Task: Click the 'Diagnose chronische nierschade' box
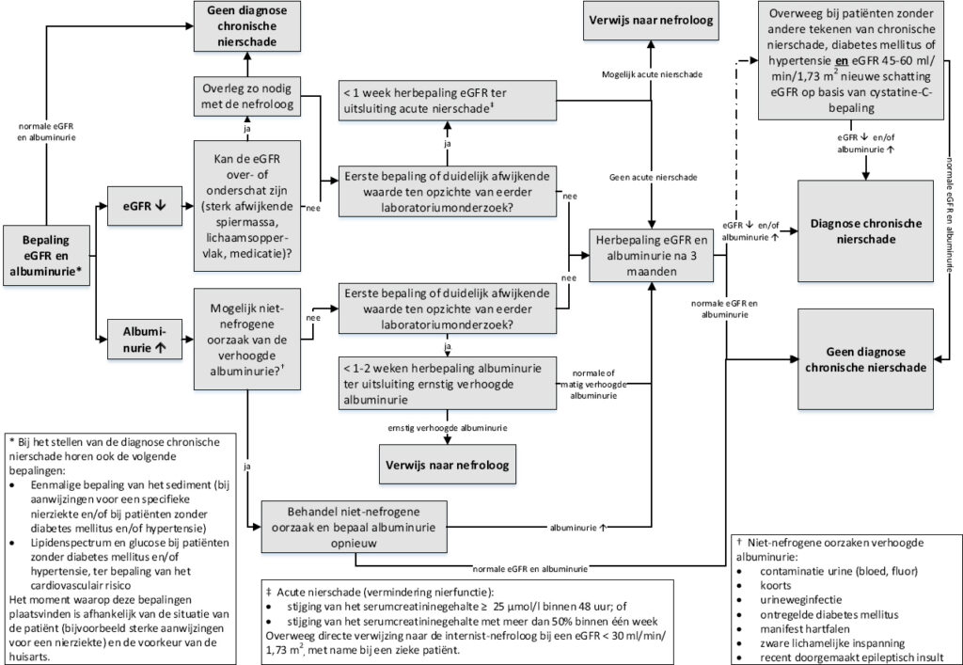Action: point(864,231)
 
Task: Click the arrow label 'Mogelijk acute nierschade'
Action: point(651,73)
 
